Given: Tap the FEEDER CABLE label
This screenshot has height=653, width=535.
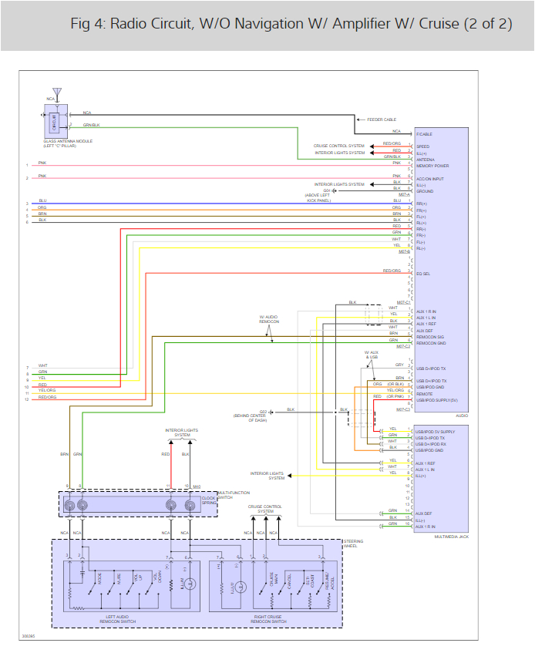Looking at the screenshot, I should (382, 119).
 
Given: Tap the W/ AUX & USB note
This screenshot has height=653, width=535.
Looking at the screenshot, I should (372, 355).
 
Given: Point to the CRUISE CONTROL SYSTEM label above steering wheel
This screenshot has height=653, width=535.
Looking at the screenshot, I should (265, 509).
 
